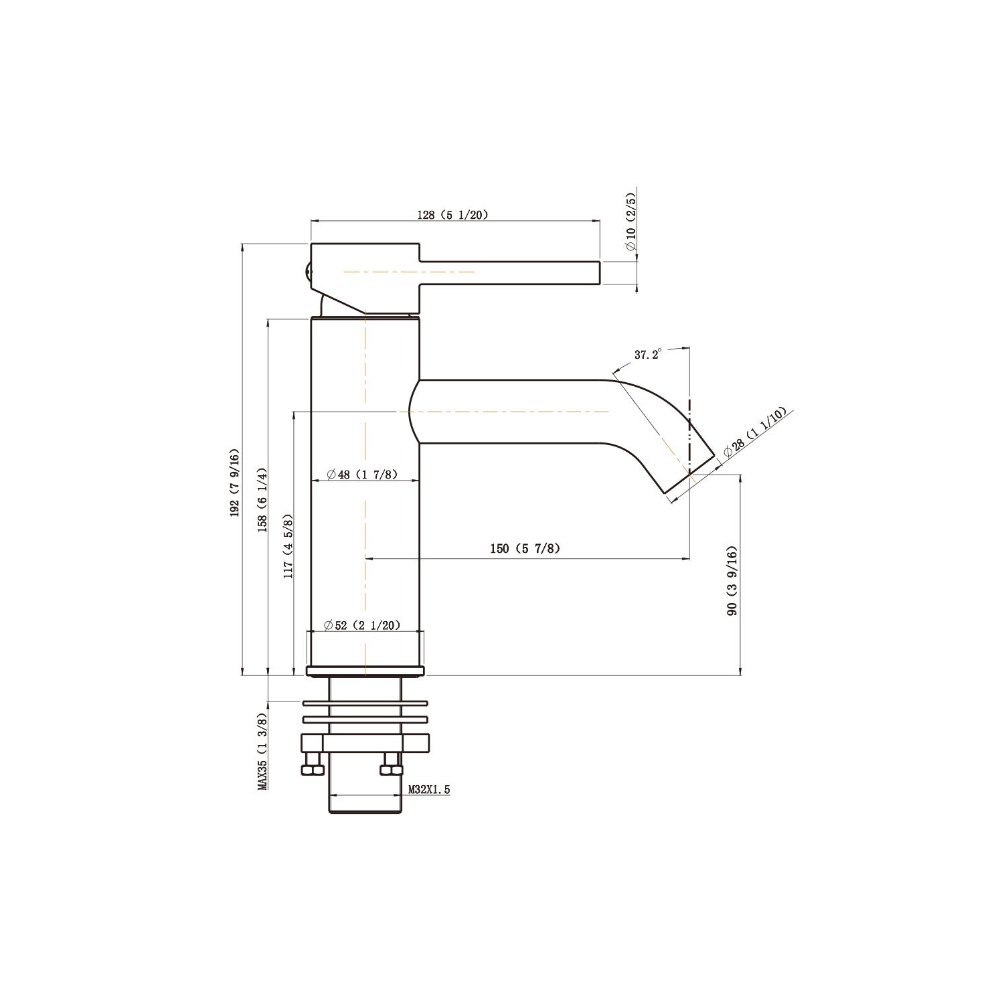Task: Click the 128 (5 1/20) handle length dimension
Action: coord(453,215)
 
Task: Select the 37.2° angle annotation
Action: coord(647,355)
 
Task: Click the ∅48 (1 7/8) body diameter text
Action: coord(362,475)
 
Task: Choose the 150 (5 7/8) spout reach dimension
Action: coord(525,549)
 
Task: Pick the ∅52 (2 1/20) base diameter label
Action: coord(361,625)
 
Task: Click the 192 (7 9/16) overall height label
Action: coord(234,481)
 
